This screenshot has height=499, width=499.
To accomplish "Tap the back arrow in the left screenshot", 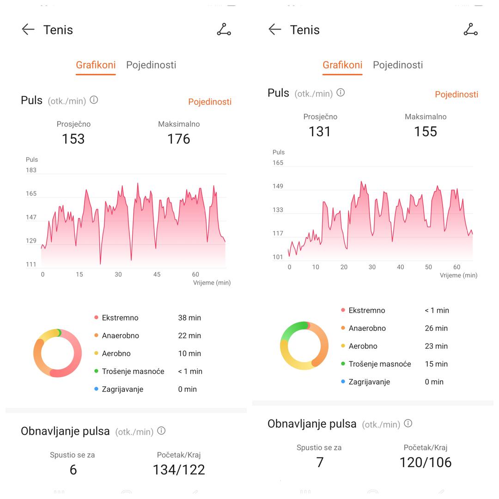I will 28,30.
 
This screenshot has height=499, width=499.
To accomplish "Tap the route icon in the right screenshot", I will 470,30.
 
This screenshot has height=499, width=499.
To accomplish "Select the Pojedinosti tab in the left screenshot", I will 151,65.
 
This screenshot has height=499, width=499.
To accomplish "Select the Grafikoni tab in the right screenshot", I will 342,65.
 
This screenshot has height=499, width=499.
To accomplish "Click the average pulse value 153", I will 73,139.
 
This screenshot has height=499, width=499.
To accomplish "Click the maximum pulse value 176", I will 178,139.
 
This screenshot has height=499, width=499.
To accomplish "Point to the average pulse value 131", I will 320,132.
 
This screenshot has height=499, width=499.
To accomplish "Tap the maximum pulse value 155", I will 425,132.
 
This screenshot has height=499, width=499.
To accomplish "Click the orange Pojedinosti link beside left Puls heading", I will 209,102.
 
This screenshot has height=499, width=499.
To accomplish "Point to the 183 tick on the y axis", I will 31,170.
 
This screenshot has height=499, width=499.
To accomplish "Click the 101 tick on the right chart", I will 278,257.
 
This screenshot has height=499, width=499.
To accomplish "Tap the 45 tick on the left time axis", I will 157,274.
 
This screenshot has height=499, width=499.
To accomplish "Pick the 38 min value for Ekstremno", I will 189,318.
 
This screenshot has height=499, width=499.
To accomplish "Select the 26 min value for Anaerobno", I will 436,329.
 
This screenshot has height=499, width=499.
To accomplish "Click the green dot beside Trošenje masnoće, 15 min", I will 343,364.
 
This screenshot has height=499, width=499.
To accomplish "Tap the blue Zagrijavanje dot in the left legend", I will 96,389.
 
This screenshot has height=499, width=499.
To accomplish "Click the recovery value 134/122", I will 178,470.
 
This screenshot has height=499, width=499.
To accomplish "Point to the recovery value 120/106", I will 425,462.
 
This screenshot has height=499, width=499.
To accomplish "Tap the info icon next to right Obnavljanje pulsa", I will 408,423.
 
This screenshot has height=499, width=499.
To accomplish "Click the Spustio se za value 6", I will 73,470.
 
